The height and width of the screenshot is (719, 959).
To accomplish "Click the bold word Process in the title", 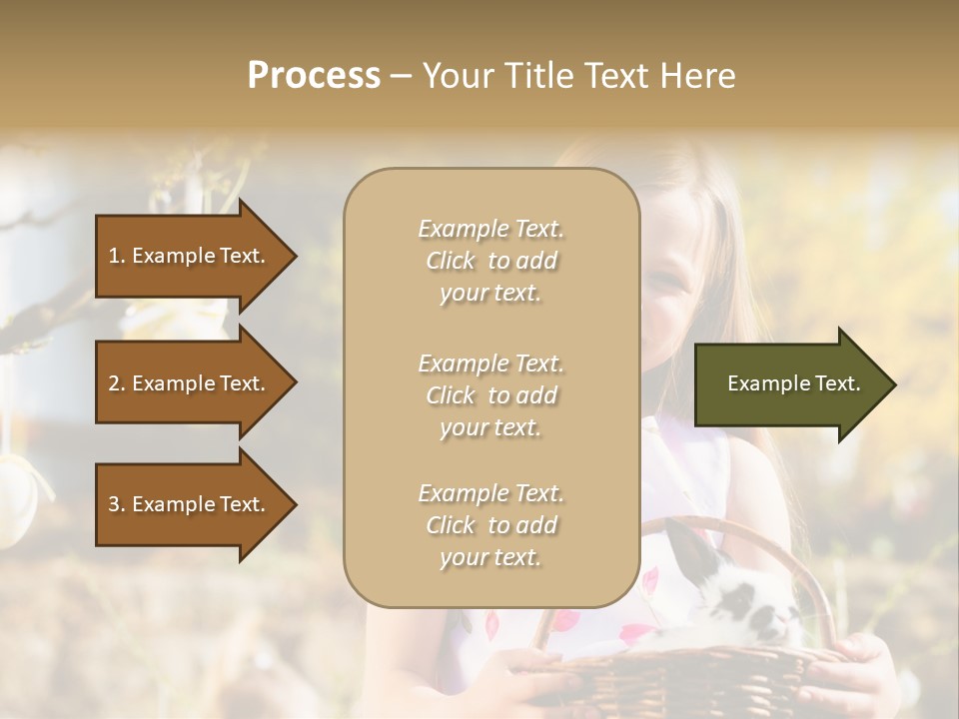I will (x=314, y=76).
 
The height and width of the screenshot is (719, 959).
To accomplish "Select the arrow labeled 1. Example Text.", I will (x=190, y=256).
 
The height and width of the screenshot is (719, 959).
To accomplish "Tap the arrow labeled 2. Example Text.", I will (x=190, y=383).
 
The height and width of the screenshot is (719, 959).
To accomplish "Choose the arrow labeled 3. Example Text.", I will (x=190, y=504).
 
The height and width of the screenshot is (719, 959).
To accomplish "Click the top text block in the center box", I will (x=490, y=261).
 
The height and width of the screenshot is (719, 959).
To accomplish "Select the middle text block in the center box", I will (x=490, y=395).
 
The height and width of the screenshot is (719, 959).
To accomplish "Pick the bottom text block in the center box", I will (x=490, y=525).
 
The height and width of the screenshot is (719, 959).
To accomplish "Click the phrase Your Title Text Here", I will (x=579, y=76).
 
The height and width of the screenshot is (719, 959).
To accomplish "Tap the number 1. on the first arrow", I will (x=117, y=256).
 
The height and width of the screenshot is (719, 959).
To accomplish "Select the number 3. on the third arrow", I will (x=117, y=504).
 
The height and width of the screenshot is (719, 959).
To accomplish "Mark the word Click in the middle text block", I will (x=451, y=395).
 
